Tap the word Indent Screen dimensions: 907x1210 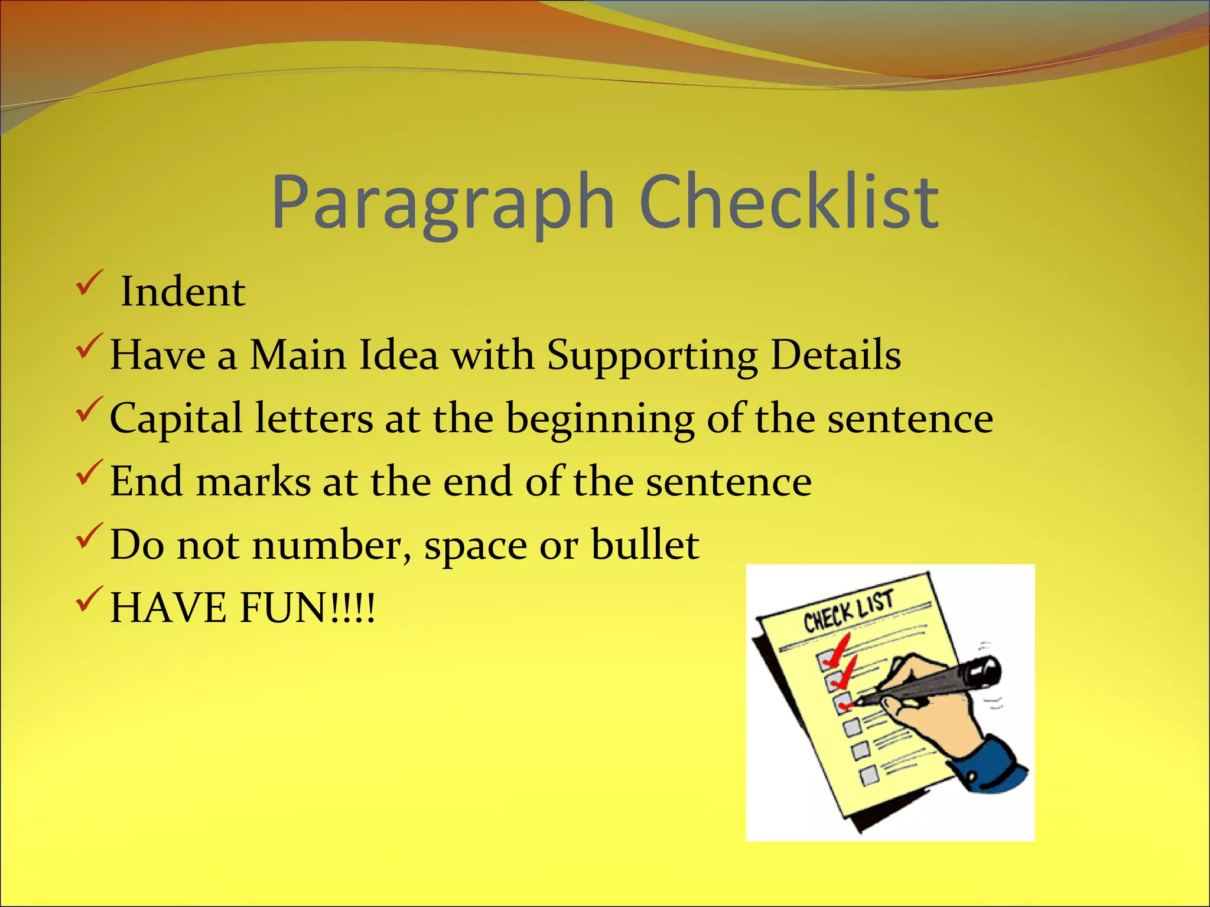(x=183, y=292)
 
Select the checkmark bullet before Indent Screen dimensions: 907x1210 (x=89, y=283)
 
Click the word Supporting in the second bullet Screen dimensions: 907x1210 (x=652, y=357)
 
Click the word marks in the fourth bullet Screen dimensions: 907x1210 (x=253, y=481)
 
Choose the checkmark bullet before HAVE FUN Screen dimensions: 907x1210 (x=89, y=599)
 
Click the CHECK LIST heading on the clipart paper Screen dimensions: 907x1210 (x=848, y=612)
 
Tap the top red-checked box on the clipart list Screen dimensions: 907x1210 (x=826, y=660)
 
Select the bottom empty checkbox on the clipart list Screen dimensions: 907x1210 (x=869, y=776)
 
